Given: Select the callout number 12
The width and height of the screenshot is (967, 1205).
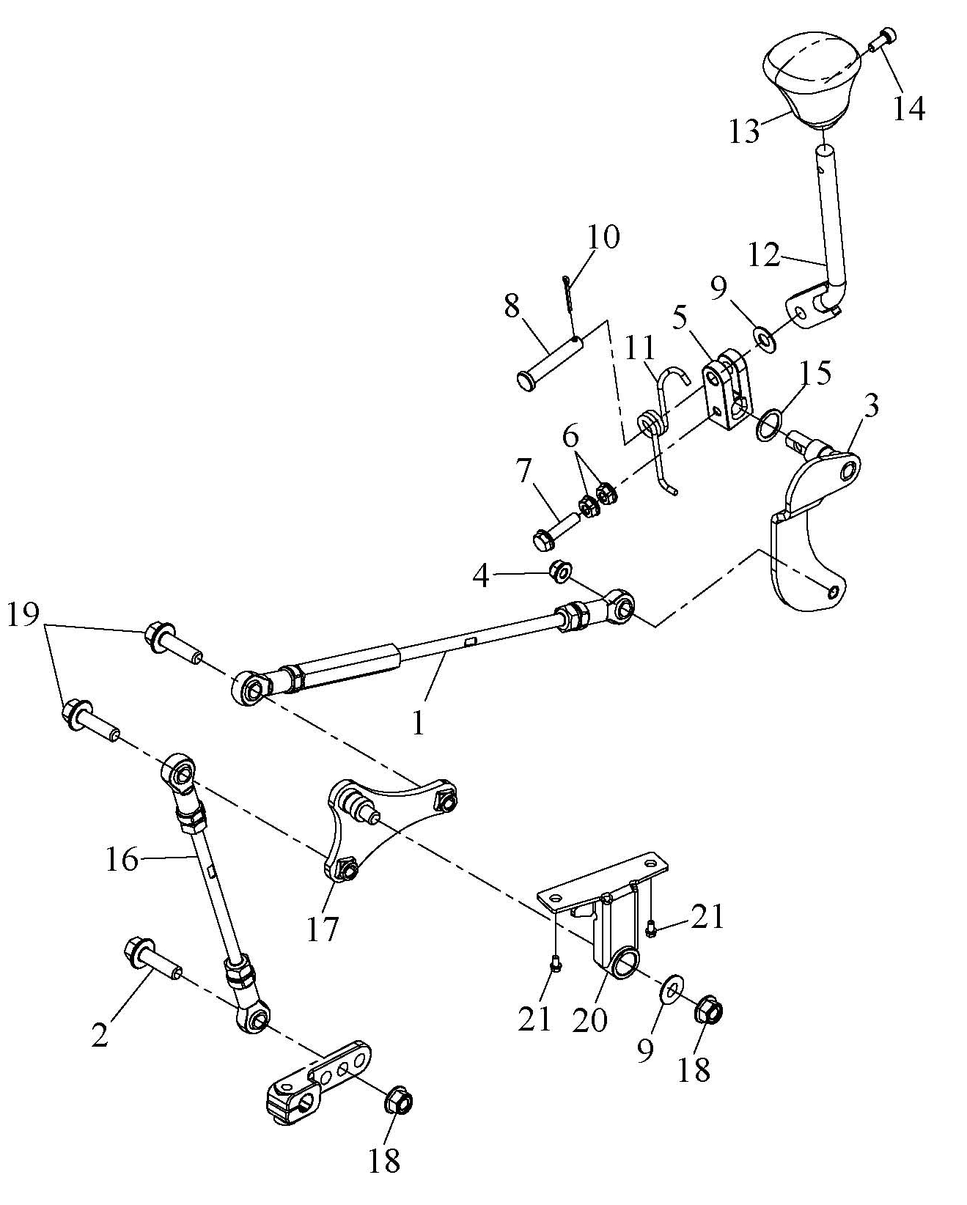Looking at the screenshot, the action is click(765, 255).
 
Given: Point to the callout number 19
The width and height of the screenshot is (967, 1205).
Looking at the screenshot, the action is click(23, 615).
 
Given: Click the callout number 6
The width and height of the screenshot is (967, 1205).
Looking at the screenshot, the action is click(571, 438).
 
